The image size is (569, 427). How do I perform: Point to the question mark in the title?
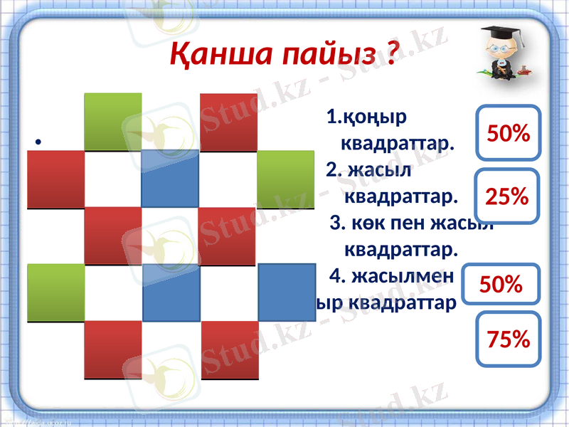[390, 53]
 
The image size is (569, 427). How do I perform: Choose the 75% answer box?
[509, 339]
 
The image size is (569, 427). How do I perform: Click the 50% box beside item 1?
[509, 132]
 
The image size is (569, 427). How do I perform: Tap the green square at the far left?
[55, 292]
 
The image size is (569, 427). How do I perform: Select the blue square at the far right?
[286, 292]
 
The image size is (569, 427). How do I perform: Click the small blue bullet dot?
[36, 142]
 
